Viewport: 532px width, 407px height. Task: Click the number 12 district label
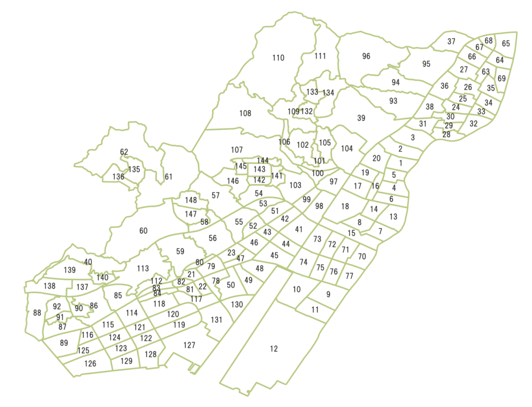[274, 349]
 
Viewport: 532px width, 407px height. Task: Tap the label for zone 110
[278, 58]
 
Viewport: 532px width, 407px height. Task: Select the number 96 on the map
[366, 56]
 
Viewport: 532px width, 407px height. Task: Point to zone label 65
[506, 44]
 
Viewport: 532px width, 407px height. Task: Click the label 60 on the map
[143, 231]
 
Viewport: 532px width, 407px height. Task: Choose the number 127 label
[190, 345]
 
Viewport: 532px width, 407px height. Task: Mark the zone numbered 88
[37, 313]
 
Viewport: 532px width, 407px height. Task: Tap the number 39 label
[361, 118]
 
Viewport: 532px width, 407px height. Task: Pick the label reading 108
[245, 113]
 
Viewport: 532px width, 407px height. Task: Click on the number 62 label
[124, 152]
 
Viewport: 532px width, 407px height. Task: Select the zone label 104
[347, 148]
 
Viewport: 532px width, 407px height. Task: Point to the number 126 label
[90, 363]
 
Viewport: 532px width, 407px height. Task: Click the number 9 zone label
[328, 294]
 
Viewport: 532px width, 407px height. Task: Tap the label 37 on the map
[451, 42]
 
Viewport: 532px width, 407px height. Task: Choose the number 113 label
[143, 269]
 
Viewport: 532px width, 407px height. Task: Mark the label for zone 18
[345, 207]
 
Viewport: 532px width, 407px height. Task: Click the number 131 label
[216, 320]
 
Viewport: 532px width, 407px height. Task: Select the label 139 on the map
[70, 270]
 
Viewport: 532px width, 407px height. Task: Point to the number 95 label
[427, 64]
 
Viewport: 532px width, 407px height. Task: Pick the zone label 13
[393, 216]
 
